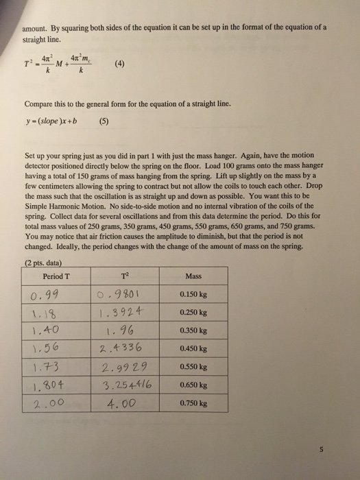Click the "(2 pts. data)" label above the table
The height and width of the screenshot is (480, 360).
pyautogui.click(x=42, y=263)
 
